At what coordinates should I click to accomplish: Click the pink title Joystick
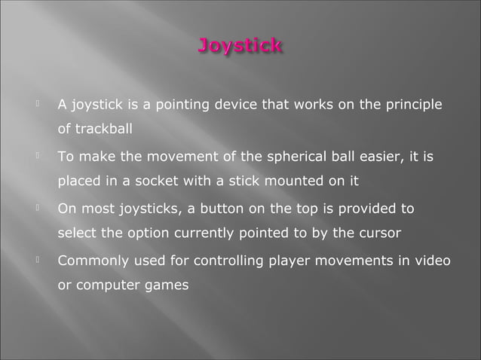(240, 47)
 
